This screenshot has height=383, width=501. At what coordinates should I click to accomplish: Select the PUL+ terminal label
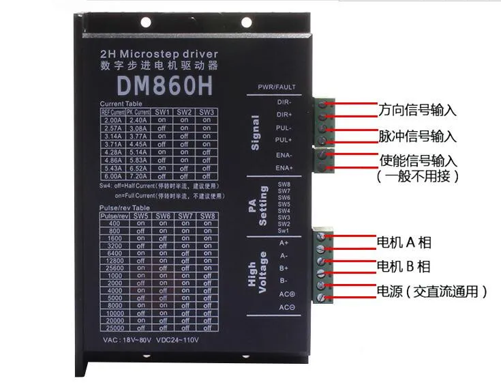tap(284, 141)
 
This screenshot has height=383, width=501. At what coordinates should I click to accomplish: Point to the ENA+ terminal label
tap(284, 167)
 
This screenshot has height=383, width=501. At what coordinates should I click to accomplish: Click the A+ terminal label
tap(284, 242)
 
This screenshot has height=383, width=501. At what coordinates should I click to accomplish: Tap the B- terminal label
tap(284, 281)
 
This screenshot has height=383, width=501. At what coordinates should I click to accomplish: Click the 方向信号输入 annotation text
tap(417, 110)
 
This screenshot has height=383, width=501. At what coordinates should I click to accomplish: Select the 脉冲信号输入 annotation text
tap(417, 135)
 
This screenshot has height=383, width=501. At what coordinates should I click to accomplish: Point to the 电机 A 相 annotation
tap(404, 242)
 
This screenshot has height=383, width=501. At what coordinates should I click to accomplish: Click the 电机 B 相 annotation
tap(404, 266)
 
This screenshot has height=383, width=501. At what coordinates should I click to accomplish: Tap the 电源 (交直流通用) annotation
tap(432, 292)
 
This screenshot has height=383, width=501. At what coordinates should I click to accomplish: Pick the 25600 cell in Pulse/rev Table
tap(115, 268)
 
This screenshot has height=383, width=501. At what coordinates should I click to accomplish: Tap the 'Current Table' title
tap(121, 103)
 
